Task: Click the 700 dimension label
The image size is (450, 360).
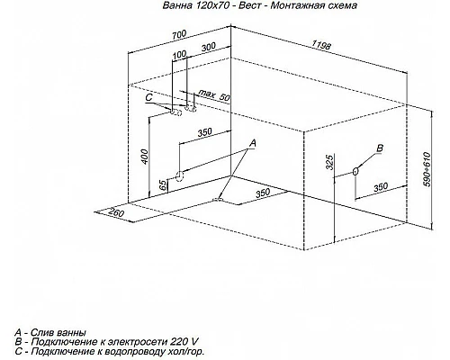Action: (x=179, y=34)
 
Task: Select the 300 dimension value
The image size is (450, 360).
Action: (x=208, y=47)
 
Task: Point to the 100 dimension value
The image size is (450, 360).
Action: (x=179, y=55)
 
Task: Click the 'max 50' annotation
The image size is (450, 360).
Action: (x=214, y=95)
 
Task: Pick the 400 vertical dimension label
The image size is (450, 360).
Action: (x=144, y=157)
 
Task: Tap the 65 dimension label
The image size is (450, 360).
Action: (x=162, y=185)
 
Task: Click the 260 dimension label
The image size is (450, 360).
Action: (x=116, y=212)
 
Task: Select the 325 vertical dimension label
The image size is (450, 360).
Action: (x=329, y=162)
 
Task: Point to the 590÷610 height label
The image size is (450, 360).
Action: (x=427, y=169)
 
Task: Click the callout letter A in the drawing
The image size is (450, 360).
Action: (x=253, y=143)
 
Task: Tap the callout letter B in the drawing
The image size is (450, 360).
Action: (x=380, y=148)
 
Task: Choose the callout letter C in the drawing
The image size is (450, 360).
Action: (x=148, y=97)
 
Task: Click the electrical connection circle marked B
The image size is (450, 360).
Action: (x=355, y=171)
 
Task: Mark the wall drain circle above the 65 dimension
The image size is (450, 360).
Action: (x=179, y=176)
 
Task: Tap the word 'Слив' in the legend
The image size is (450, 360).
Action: (x=42, y=333)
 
